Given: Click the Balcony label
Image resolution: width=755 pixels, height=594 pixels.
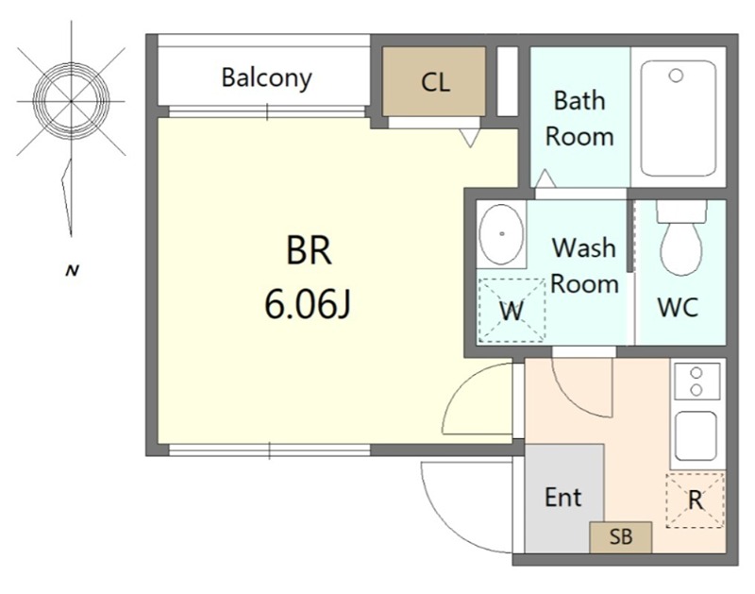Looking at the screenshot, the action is [266, 78].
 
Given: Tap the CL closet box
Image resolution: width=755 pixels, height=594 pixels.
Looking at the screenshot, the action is [434, 81].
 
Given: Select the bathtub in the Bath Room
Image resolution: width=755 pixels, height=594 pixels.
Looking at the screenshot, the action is [678, 118].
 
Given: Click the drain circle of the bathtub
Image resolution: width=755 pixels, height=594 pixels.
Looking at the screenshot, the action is [676, 76].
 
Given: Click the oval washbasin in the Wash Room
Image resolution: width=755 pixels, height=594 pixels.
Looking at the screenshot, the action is [501, 234].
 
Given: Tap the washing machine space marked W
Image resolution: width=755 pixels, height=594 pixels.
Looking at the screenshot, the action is [512, 311].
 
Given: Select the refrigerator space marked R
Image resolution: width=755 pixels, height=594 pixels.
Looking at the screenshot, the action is [695, 501].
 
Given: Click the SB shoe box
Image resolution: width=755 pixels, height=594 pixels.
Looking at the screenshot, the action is [621, 537].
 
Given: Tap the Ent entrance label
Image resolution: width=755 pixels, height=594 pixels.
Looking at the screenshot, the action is [562, 497].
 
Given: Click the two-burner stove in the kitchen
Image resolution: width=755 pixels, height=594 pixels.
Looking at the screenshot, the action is [696, 382].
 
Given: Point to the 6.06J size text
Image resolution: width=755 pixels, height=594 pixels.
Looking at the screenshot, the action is [308, 304].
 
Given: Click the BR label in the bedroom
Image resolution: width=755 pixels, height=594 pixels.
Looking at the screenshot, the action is [309, 250].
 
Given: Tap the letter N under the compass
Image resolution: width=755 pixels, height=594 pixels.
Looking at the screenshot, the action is [73, 271].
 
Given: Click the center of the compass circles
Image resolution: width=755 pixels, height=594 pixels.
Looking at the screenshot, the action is [72, 101].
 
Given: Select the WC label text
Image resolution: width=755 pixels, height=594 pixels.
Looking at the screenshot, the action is [678, 307].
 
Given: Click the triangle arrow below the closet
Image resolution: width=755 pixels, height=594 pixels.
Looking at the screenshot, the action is [470, 138].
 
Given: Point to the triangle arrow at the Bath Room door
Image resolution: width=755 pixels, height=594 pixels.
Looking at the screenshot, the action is [545, 178].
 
